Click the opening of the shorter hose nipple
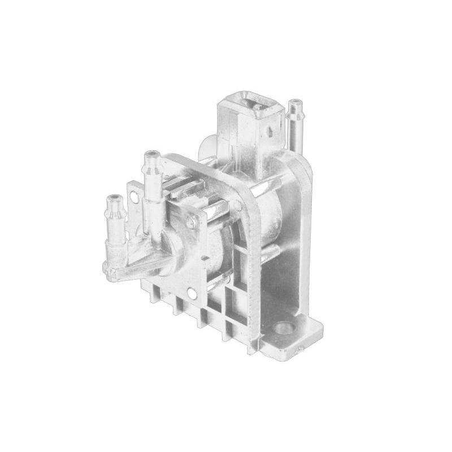click(115, 198)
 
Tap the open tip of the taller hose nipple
click(151, 154)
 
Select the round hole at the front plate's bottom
click(192, 294)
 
